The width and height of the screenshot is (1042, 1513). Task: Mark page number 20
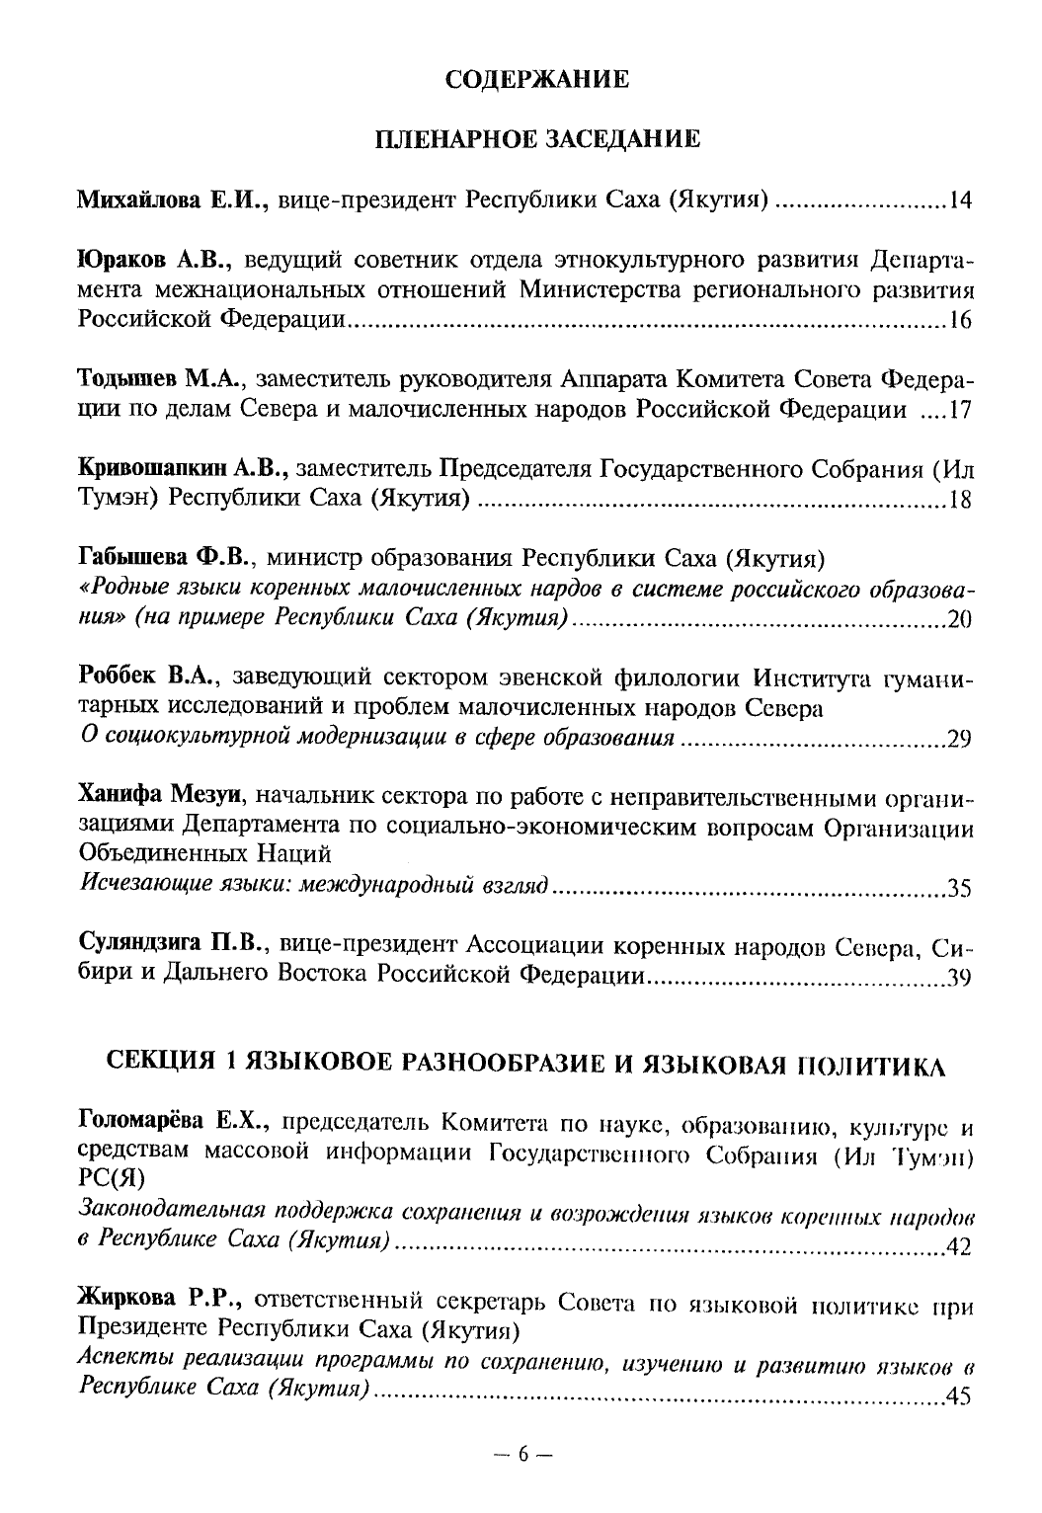pyautogui.click(x=960, y=620)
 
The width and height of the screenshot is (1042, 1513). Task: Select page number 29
pyautogui.click(x=960, y=739)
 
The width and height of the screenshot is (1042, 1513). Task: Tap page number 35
pyautogui.click(x=960, y=887)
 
